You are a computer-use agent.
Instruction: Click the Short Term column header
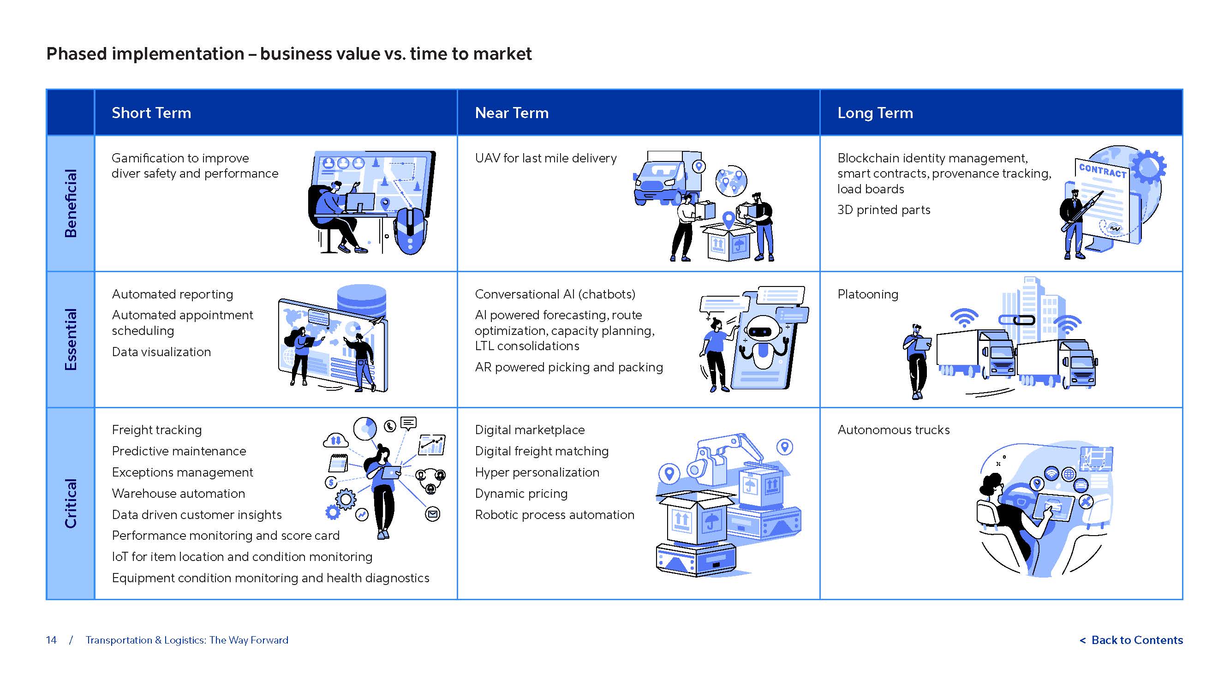[151, 113]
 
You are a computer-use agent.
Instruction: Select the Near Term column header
[511, 113]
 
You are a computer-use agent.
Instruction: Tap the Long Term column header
[875, 113]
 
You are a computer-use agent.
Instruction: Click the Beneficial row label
[70, 203]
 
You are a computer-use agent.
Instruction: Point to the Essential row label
[70, 339]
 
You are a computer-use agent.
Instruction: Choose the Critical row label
[70, 503]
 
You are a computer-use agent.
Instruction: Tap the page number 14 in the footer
[51, 640]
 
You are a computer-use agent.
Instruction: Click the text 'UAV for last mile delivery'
[545, 158]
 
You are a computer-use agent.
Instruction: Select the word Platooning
[867, 294]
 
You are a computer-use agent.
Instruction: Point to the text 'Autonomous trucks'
[893, 430]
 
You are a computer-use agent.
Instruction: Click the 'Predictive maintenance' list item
[179, 451]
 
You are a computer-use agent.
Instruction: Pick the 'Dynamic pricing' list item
[521, 493]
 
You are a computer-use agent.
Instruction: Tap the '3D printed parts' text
[884, 209]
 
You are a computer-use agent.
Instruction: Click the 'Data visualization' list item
[161, 352]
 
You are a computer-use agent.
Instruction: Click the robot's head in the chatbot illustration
[763, 329]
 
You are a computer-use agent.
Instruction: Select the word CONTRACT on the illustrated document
[1103, 171]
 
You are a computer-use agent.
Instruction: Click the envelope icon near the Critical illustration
[433, 514]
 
